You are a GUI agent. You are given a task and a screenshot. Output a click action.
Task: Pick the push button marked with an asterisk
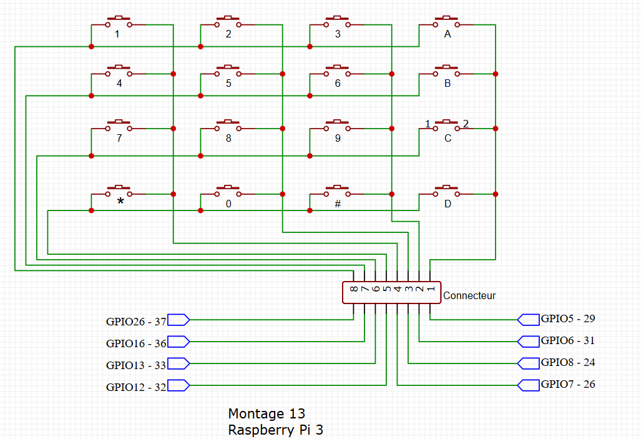coord(119,191)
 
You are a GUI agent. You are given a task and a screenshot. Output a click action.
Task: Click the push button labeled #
coord(337,191)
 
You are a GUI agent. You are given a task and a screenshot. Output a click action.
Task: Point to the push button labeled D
coord(446,191)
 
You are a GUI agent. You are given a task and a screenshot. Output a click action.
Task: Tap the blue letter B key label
coord(447,83)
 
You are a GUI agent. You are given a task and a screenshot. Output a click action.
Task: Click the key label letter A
coord(447,35)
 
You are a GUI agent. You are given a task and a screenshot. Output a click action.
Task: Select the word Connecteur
coord(469,295)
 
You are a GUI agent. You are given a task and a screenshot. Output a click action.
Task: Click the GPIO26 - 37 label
coord(136,322)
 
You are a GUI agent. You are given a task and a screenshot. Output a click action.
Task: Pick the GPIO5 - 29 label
coord(568,318)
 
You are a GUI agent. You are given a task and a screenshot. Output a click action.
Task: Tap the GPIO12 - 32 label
coord(136,387)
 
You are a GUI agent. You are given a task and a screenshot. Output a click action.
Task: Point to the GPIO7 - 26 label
coord(568,384)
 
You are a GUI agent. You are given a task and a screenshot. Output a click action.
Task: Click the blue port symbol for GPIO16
coord(179,342)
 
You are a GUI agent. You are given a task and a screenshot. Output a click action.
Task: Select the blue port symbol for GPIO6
coord(529,341)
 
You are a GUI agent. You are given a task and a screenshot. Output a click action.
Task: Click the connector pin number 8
coord(354,289)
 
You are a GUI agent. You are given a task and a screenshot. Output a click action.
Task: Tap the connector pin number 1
coord(431,289)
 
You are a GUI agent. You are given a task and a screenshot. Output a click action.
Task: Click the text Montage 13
coord(267,413)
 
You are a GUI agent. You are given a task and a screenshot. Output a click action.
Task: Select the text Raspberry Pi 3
coord(276,430)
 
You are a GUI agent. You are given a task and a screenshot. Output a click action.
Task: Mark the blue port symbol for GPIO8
coord(529,363)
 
